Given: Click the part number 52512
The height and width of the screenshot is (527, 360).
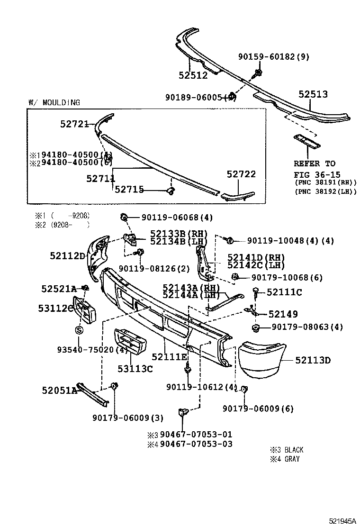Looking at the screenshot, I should pyautogui.click(x=193, y=75).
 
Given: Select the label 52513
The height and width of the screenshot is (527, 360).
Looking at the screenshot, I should pyautogui.click(x=313, y=94).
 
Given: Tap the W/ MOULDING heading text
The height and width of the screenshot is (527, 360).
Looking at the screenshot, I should pyautogui.click(x=54, y=102).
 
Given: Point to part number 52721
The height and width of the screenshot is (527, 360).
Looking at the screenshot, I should pyautogui.click(x=74, y=124).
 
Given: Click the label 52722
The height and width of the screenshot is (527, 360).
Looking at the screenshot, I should pyautogui.click(x=241, y=174).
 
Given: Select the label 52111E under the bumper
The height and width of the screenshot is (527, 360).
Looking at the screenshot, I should pyautogui.click(x=169, y=356).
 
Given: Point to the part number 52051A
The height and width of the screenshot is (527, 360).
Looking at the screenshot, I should pyautogui.click(x=59, y=390).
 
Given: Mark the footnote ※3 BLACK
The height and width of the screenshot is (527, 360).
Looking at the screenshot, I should pyautogui.click(x=287, y=450).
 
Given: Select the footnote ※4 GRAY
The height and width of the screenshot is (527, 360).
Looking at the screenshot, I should pyautogui.click(x=285, y=459).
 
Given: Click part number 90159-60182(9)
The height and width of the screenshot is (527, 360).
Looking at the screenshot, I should pyautogui.click(x=273, y=57).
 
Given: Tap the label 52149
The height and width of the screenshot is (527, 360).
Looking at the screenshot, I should pyautogui.click(x=283, y=314).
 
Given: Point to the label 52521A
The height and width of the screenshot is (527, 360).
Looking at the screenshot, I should pyautogui.click(x=59, y=289).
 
